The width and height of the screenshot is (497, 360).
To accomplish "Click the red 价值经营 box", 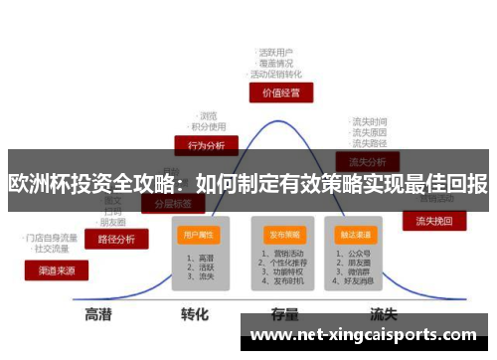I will [x=280, y=92].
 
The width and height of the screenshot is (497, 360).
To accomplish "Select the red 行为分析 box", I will [x=206, y=145].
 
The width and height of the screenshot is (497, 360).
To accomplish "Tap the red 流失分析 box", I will [x=367, y=161].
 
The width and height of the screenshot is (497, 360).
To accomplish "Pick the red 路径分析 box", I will [x=117, y=239].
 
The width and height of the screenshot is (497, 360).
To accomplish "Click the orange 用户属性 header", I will [x=199, y=235].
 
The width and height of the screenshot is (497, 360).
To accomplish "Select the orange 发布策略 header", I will [x=284, y=235].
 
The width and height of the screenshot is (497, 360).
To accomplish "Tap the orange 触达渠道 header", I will [x=356, y=235].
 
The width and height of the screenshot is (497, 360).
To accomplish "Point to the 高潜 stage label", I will [x=97, y=315].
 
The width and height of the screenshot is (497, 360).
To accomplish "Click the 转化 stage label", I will [x=194, y=315].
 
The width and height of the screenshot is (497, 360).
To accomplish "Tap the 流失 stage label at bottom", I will [x=384, y=315].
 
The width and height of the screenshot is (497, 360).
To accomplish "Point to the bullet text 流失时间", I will [x=370, y=121].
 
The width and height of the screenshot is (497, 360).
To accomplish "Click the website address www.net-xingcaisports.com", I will [x=364, y=336].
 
